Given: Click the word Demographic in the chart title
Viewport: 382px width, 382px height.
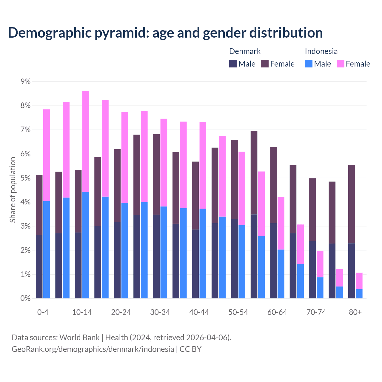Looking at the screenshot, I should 49,33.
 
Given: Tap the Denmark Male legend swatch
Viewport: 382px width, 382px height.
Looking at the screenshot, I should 233,64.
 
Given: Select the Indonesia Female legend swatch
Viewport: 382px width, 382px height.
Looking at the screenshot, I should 340,64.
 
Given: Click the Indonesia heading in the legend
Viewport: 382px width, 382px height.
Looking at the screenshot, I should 321,51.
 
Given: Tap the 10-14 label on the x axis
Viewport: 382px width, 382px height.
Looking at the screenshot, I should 82,312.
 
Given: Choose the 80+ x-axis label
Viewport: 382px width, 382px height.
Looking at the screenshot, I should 355,312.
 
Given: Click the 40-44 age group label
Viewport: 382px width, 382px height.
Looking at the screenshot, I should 199,312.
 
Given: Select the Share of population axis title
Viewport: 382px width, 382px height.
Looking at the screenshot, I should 13,190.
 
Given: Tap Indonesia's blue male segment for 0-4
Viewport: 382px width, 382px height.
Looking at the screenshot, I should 47,249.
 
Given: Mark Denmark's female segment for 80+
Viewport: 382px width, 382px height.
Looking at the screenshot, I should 352,204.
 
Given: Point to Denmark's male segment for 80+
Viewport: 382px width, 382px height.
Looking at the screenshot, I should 352,271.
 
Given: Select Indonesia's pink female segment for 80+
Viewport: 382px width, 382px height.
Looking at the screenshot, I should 359,281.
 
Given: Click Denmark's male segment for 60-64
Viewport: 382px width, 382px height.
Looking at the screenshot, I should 273,261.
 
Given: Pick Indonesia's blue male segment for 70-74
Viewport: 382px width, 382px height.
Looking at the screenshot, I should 320,288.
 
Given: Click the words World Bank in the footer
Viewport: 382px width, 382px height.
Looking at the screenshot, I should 79,338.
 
